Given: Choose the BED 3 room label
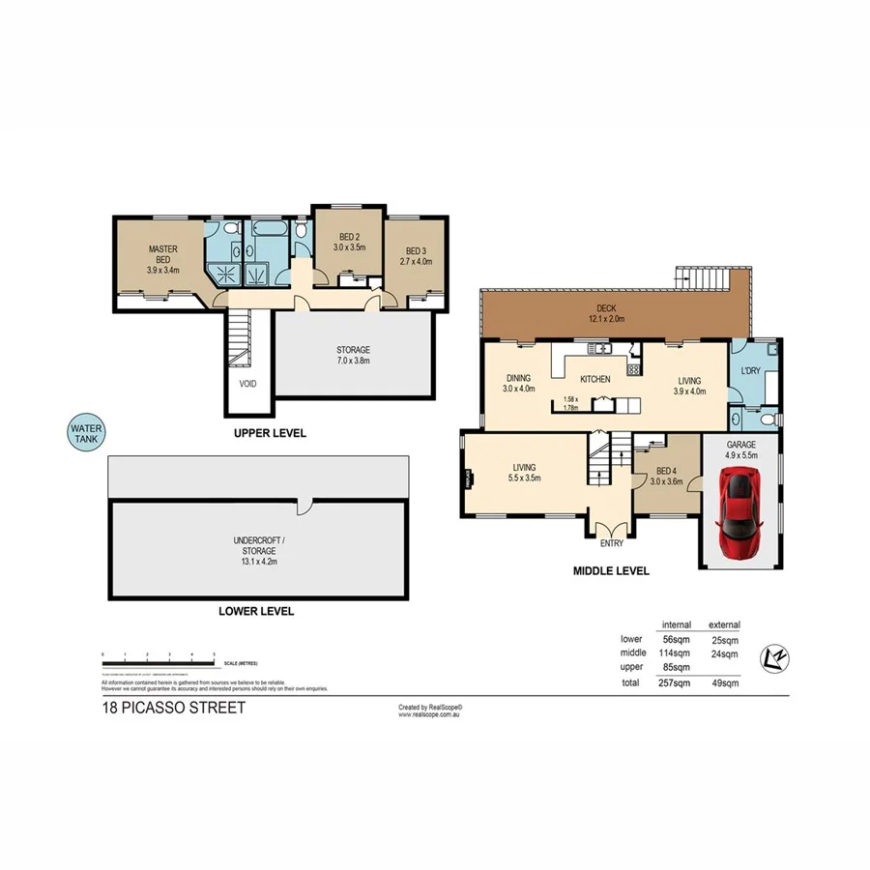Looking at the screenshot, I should point(416,252).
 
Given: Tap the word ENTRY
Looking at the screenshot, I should point(610,544).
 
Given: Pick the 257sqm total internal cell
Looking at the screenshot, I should point(675,682).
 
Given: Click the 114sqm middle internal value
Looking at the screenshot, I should point(675,652).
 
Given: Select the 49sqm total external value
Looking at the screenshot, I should point(724,682).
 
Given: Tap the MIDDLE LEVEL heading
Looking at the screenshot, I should point(612,570).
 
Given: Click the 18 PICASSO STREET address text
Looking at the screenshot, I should point(173,708).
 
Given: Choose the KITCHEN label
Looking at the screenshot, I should point(594,380).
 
